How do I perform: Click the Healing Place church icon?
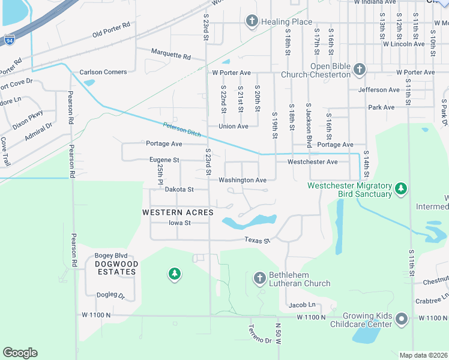point(252,22)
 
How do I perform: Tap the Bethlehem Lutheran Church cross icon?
point(259,278)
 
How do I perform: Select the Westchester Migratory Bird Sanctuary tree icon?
point(401,190)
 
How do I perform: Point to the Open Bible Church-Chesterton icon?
point(359,69)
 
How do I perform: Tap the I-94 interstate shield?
point(9,40)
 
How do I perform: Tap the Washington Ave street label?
point(242,180)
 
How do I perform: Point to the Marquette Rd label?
point(170,55)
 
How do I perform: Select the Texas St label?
point(258,241)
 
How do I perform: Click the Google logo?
point(20,352)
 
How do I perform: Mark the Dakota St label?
point(179,190)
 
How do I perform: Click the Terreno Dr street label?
point(260,334)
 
